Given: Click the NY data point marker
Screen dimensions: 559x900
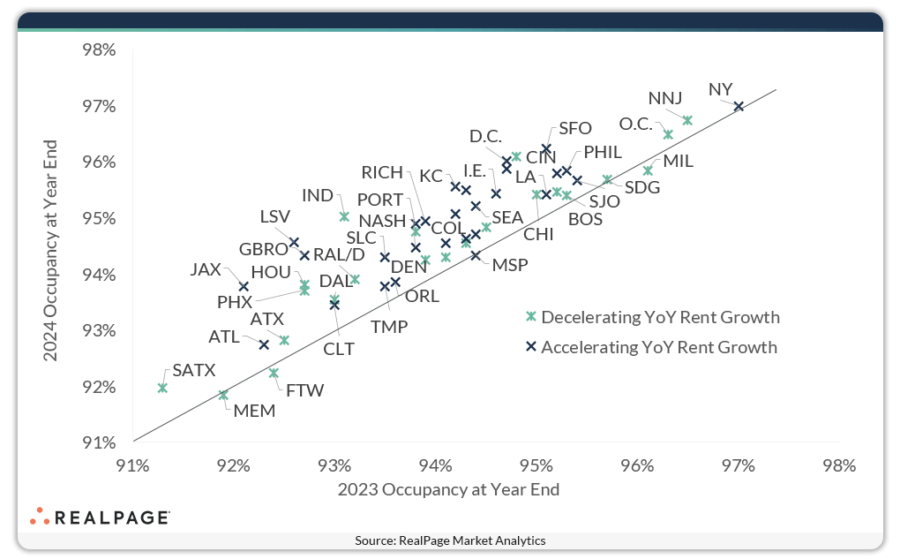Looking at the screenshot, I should tap(739, 106).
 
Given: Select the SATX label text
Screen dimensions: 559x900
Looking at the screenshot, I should tap(194, 370).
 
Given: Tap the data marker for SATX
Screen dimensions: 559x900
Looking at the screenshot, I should tap(162, 388).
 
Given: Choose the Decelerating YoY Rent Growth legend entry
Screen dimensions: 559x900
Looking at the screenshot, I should tap(660, 317).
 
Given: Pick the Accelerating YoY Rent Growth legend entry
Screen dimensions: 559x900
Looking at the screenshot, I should tap(659, 347).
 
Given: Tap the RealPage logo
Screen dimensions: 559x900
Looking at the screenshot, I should tap(100, 517).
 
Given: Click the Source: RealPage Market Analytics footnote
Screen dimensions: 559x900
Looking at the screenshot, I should tap(450, 540).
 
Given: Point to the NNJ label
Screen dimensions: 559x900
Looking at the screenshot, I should tap(665, 97).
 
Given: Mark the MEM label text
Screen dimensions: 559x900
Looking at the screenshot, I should tap(255, 411).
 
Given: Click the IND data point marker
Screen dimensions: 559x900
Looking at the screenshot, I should tap(344, 215).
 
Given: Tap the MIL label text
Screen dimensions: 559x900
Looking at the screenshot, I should tap(678, 161).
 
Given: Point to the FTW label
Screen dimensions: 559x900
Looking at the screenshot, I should tap(305, 389).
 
